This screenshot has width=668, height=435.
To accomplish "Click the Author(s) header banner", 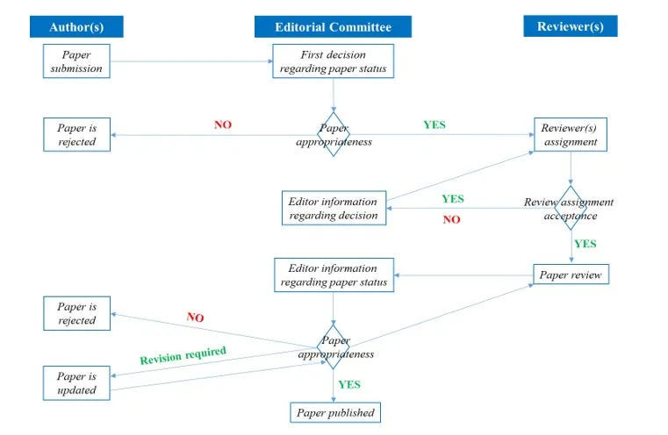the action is tap(76, 27).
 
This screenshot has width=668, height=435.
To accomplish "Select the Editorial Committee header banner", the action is tap(334, 27).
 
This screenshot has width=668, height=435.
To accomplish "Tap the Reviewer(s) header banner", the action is tap(571, 26).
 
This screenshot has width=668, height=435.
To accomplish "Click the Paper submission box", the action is tap(76, 61).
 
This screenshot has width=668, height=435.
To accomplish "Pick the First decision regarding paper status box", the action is tap(334, 61).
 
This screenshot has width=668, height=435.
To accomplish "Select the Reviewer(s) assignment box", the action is tap(571, 134).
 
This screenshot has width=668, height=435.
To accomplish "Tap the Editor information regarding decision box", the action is tap(334, 208).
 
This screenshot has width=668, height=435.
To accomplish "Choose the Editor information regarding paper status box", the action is tap(334, 275).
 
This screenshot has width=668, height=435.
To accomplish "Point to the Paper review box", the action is tap(571, 275).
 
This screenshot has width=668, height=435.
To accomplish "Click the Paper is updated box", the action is tap(76, 383).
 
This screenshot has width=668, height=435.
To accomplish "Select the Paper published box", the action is tap(335, 412).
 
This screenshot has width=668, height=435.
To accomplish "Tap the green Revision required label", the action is tap(183, 355).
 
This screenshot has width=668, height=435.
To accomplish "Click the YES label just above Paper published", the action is tap(349, 385).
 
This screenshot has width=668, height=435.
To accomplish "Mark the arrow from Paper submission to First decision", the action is tap(191, 61).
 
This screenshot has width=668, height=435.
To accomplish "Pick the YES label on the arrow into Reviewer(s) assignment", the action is tap(435, 125).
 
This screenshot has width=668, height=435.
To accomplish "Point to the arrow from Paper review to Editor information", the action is tap(463, 275).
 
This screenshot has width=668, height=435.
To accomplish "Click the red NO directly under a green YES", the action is tap(451, 219).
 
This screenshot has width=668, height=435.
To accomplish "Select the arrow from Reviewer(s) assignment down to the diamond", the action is tap(571, 168).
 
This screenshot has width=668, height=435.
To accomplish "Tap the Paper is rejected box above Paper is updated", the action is tap(76, 314).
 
